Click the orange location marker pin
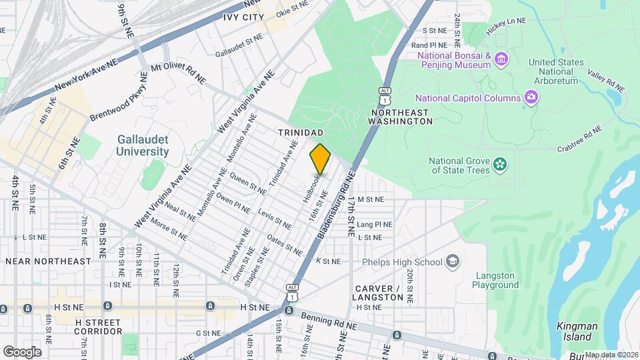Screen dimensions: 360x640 320,159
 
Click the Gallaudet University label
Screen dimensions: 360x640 143,145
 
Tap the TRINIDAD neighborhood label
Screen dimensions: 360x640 301,133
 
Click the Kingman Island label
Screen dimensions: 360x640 578,331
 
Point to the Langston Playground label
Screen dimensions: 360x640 497,280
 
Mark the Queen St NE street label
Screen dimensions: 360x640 248,182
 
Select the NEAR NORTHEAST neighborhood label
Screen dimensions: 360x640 47,261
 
